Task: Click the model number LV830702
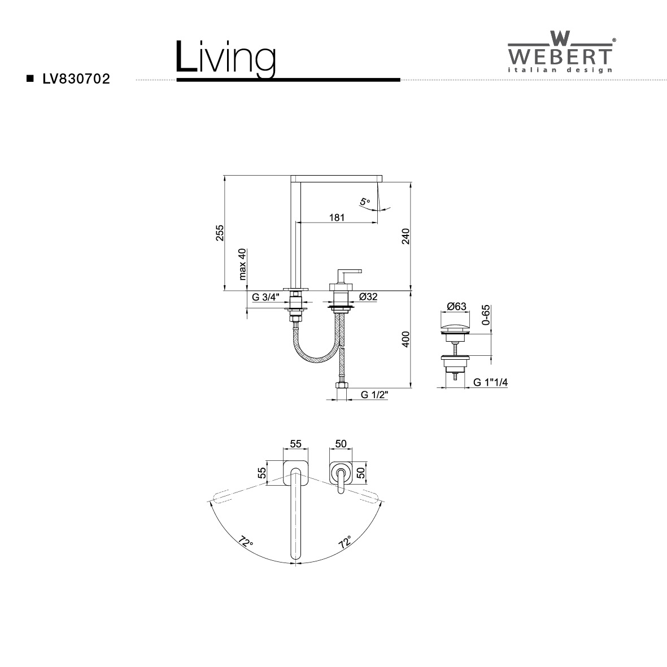click(x=76, y=79)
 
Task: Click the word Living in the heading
click(x=226, y=58)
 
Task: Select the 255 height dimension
click(x=220, y=233)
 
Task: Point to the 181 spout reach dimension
click(x=337, y=217)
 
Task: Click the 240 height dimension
click(x=406, y=236)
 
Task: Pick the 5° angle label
click(x=365, y=202)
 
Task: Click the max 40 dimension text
click(x=242, y=264)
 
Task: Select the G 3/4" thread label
click(x=265, y=297)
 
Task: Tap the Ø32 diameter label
click(x=368, y=297)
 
